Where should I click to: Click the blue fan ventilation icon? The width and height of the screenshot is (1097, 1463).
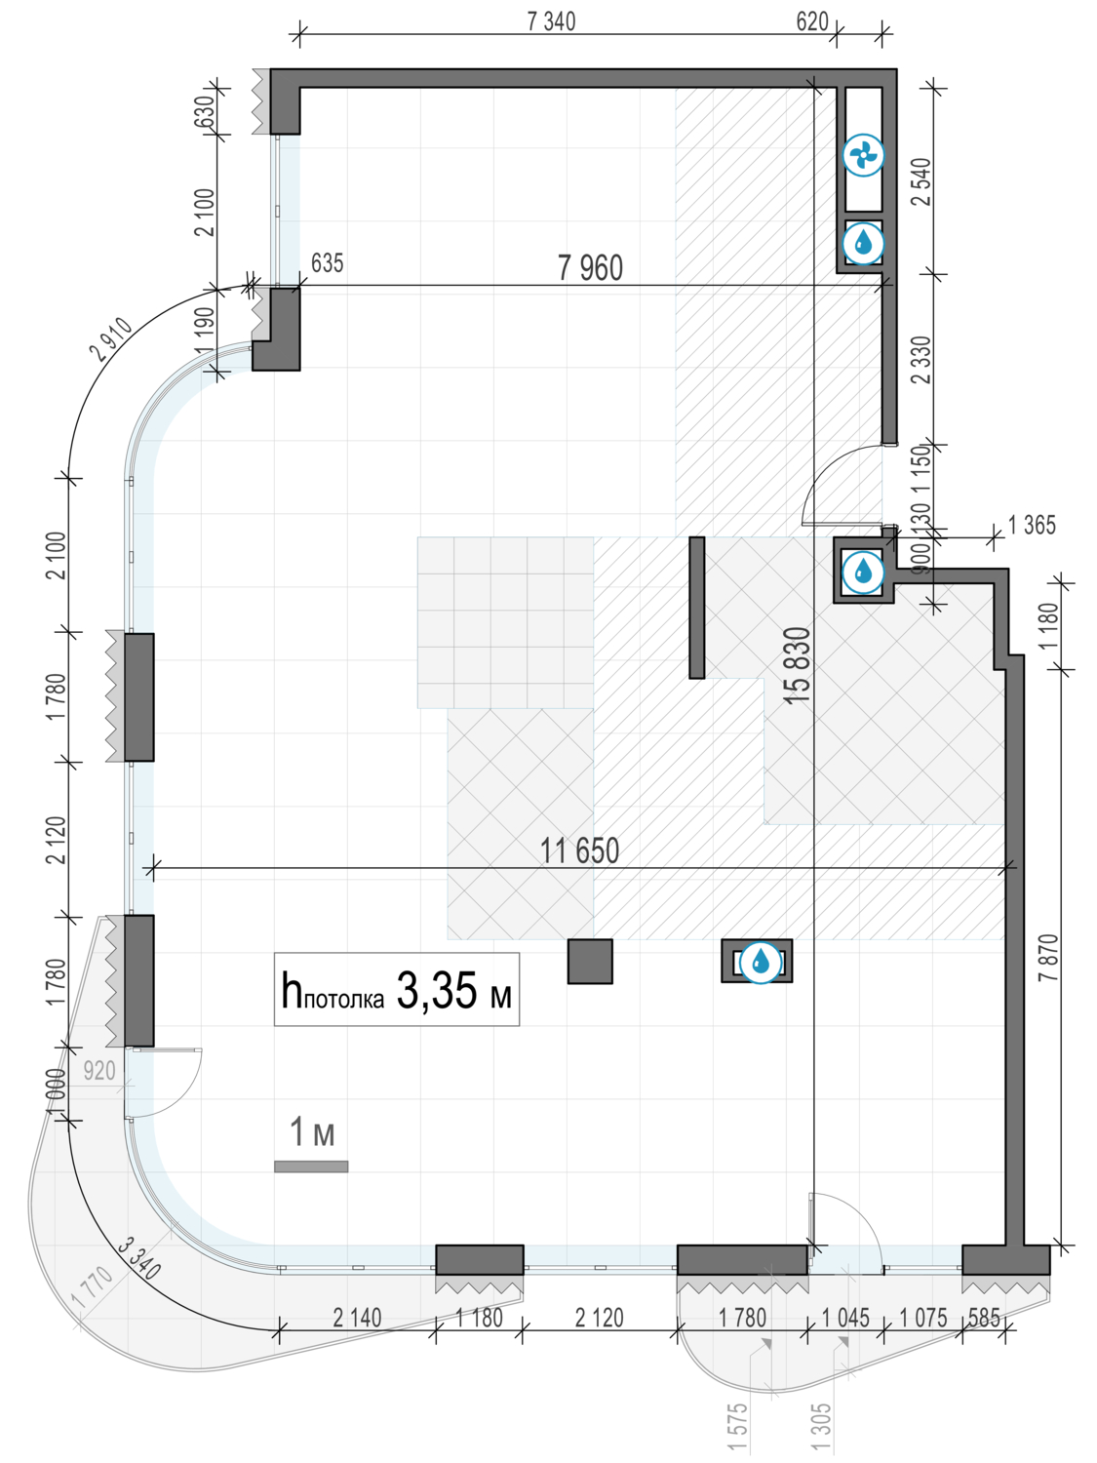(x=863, y=155)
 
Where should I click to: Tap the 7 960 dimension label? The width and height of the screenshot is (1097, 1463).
(x=591, y=268)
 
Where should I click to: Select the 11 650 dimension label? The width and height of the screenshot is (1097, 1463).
(x=579, y=851)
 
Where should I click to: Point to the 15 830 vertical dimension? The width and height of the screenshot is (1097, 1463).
(x=798, y=665)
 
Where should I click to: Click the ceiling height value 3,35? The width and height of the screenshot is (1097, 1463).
(x=437, y=990)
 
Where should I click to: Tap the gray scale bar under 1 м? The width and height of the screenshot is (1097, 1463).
(x=311, y=1166)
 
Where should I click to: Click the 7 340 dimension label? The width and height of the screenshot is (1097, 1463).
(x=552, y=22)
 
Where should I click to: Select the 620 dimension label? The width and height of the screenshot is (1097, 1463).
(x=812, y=22)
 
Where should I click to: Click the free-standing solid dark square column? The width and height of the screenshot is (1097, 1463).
(x=590, y=961)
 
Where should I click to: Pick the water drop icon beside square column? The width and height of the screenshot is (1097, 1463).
(x=760, y=962)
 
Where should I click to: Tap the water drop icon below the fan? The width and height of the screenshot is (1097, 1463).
(x=863, y=243)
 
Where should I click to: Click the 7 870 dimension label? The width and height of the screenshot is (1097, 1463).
(x=1047, y=958)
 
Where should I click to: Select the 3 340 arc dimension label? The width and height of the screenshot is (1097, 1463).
(x=139, y=1258)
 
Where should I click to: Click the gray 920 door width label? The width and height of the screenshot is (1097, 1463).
(x=99, y=1071)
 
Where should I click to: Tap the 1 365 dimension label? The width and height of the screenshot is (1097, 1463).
(x=1032, y=526)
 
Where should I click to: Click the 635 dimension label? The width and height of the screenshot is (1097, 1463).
(x=327, y=263)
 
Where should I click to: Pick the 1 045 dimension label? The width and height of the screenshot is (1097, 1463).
(x=845, y=1318)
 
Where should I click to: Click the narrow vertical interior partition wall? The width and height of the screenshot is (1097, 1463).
(x=696, y=608)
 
